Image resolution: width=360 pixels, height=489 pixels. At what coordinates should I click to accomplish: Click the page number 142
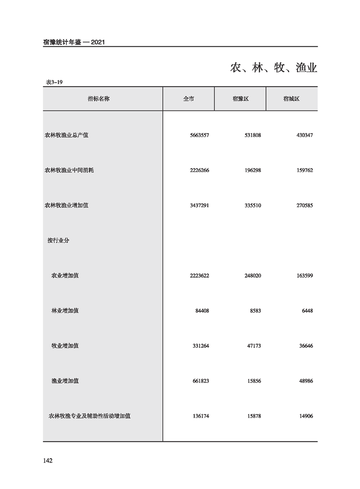click(x=48, y=461)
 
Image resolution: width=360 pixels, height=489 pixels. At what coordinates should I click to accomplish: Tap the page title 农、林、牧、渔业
click(x=273, y=69)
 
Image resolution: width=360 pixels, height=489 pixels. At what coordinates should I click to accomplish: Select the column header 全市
click(x=188, y=99)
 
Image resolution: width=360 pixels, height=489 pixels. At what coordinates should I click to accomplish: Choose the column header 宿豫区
click(x=240, y=99)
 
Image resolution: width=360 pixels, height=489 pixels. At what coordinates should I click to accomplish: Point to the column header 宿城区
click(x=291, y=99)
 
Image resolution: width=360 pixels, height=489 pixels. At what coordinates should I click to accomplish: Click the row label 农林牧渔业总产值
click(x=66, y=135)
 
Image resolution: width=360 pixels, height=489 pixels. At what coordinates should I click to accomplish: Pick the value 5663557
click(x=199, y=135)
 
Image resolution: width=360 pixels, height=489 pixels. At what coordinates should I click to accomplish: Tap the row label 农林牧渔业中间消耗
click(x=69, y=171)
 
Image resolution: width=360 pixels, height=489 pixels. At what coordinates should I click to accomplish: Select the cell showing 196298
click(x=251, y=171)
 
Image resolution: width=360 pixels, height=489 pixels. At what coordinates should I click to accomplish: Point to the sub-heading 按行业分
click(x=58, y=241)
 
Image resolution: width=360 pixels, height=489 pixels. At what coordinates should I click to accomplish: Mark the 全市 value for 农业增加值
click(x=199, y=276)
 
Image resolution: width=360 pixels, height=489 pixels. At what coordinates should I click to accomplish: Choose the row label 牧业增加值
click(x=65, y=346)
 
